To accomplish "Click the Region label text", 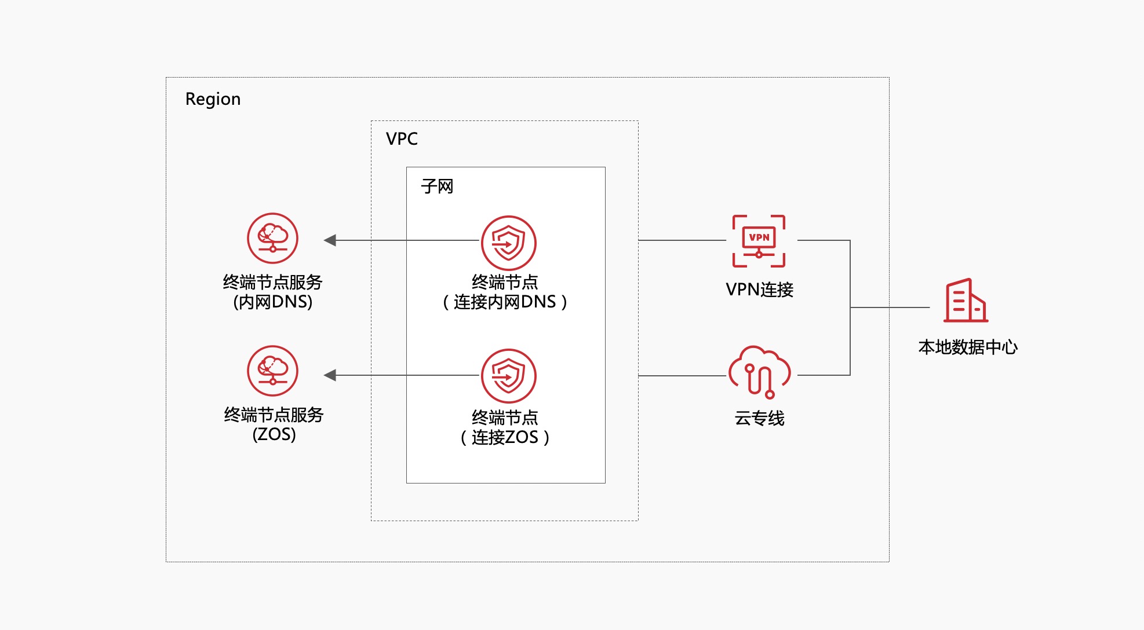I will pyautogui.click(x=213, y=100).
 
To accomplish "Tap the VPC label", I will pyautogui.click(x=402, y=139).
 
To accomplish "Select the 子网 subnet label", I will pyautogui.click(x=437, y=186).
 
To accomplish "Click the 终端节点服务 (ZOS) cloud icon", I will pyautogui.click(x=272, y=371).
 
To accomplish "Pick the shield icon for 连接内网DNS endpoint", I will pyautogui.click(x=508, y=243).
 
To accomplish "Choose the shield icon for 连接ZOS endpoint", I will pyautogui.click(x=508, y=376).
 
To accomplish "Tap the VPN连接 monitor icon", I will pyautogui.click(x=759, y=241).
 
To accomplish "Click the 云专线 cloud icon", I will pyautogui.click(x=759, y=372).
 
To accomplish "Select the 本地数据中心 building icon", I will pyautogui.click(x=966, y=301).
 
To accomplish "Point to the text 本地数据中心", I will pyautogui.click(x=968, y=347).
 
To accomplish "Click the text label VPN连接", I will pyautogui.click(x=759, y=290).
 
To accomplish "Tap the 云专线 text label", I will pyautogui.click(x=759, y=418).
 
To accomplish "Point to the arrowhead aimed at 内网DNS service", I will pyautogui.click(x=330, y=240).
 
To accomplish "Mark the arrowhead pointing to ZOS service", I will pyautogui.click(x=330, y=375).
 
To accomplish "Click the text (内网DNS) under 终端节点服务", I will pyautogui.click(x=272, y=302).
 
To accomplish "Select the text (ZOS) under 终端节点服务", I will pyautogui.click(x=274, y=434).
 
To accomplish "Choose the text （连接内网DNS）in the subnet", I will pyautogui.click(x=505, y=302).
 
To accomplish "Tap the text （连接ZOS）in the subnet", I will pyautogui.click(x=505, y=437).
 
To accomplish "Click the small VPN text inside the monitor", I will pyautogui.click(x=759, y=237).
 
